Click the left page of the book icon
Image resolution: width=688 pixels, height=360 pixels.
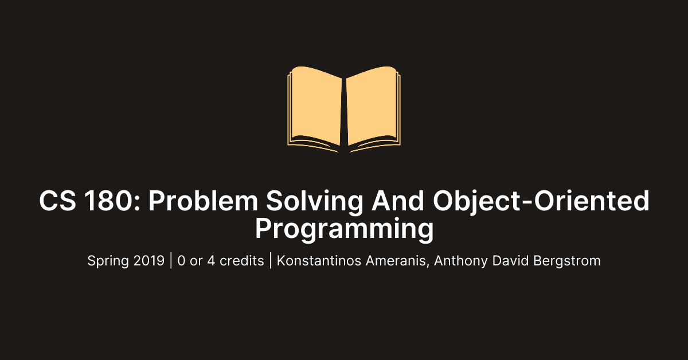[x=316, y=106]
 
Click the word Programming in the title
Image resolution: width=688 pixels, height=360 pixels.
[x=344, y=229]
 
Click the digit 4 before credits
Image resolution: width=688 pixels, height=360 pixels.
[x=213, y=261]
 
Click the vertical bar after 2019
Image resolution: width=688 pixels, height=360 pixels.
[x=171, y=261]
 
